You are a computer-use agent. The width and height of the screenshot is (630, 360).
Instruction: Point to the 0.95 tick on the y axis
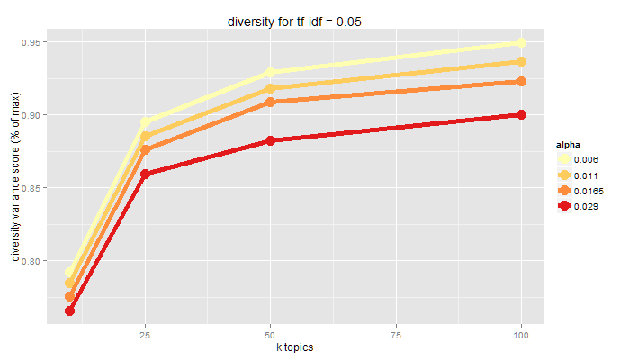point(30,42)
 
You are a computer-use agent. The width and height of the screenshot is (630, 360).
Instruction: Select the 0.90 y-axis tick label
point(30,115)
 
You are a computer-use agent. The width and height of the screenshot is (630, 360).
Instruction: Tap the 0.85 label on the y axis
point(30,188)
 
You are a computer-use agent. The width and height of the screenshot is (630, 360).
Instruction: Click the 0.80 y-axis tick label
point(30,261)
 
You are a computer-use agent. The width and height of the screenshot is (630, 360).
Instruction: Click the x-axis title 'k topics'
point(295,347)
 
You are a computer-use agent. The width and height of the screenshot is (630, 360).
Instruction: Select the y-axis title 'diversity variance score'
point(15,179)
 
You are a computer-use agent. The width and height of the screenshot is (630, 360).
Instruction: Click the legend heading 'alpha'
point(568,144)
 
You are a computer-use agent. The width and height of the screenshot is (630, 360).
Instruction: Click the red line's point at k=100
point(521,115)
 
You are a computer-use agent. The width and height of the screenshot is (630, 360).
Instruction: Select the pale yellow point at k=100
point(521,43)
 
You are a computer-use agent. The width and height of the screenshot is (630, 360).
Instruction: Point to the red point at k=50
point(270,141)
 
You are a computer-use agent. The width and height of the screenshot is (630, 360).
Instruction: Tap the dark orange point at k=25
point(145,149)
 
